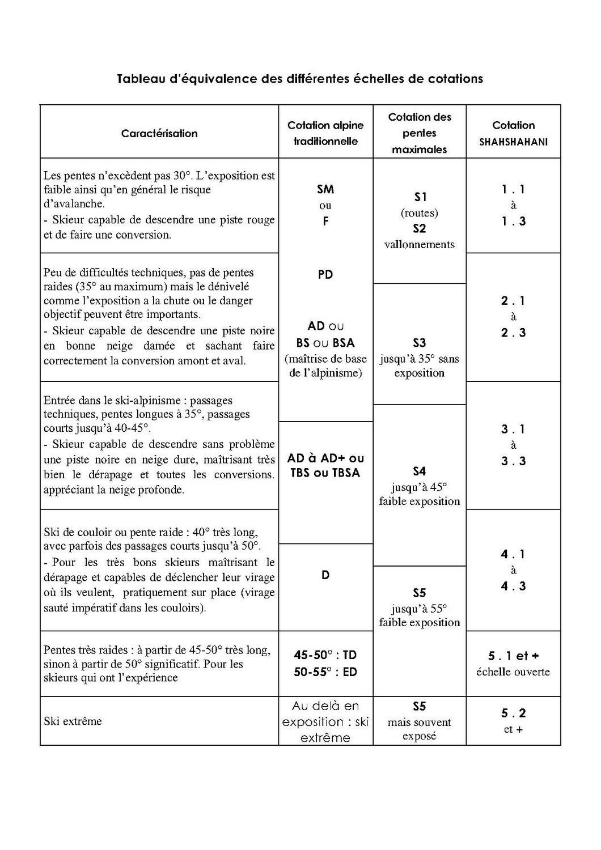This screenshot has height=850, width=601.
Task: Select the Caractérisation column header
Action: point(159,134)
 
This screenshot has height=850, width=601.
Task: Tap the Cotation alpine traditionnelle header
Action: point(325,133)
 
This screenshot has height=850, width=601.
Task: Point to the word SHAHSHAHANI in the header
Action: point(513,142)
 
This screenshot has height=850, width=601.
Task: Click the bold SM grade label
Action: point(325,189)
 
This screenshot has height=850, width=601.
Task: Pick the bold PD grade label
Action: point(325,275)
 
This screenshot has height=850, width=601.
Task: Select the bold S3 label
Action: point(420,343)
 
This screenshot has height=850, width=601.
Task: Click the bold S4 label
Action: point(420,471)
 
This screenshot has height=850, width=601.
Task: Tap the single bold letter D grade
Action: point(325,575)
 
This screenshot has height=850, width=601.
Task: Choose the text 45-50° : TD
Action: point(325,655)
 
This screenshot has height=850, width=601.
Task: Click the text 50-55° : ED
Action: point(325,672)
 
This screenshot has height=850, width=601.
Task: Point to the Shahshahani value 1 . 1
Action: point(513,189)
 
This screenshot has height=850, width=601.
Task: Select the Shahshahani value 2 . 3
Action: point(513,333)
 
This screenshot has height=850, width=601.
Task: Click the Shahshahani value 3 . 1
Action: point(513,429)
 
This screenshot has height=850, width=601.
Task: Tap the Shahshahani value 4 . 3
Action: point(513,586)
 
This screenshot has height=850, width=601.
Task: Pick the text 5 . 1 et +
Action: point(513,656)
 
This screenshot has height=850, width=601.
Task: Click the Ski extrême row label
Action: point(73,721)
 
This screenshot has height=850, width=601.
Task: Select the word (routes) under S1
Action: point(420,213)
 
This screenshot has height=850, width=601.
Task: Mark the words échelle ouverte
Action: point(513,672)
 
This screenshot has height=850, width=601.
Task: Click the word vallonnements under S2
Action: point(420,245)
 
